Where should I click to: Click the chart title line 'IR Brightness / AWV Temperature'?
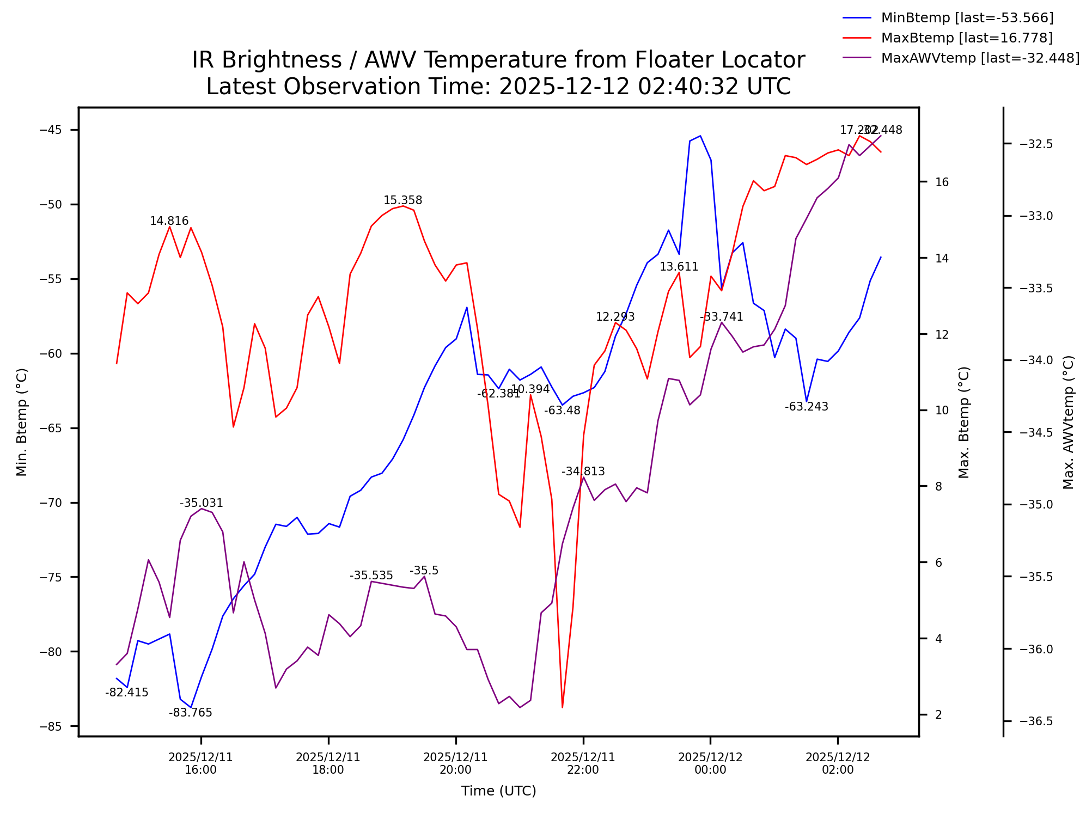coord(498,60)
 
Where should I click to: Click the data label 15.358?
coord(402,200)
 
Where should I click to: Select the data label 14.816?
coord(169,221)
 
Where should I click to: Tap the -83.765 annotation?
coord(191,713)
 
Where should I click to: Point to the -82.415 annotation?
coord(127,693)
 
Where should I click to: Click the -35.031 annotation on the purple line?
coord(202,503)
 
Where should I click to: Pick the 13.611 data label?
coord(679,267)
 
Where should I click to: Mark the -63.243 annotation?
coord(806,407)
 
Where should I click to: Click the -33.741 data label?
coord(722,317)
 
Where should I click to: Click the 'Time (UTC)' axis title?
coord(498,791)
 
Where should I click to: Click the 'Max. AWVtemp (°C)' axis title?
coord(1068,422)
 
